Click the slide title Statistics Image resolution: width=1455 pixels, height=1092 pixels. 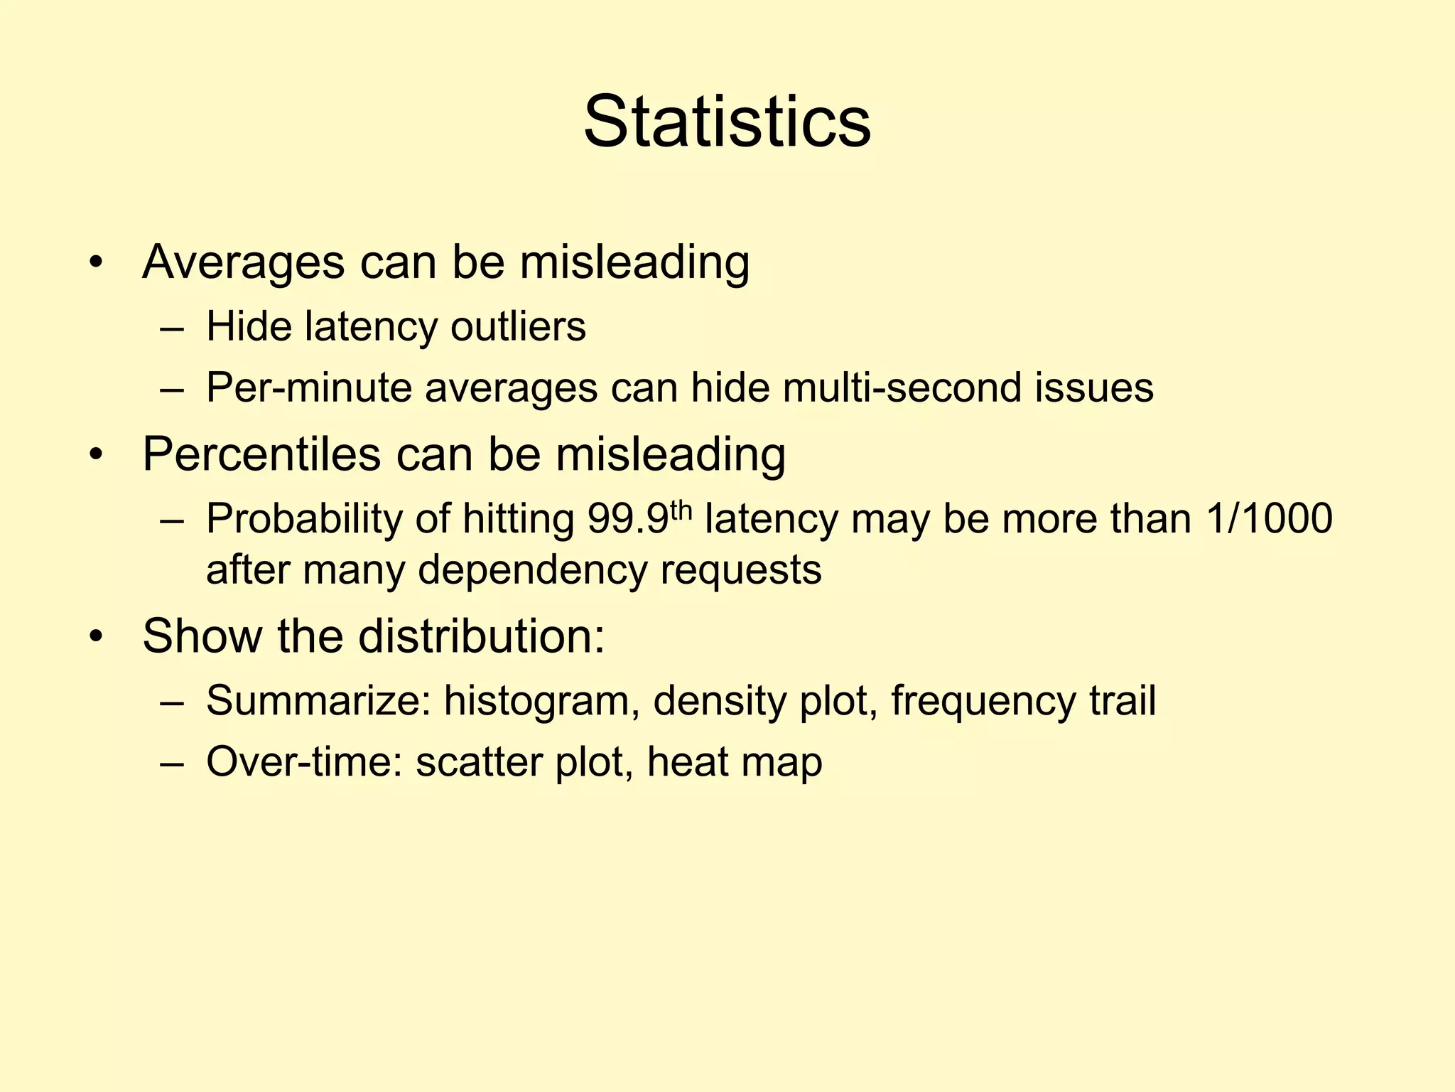[x=727, y=122]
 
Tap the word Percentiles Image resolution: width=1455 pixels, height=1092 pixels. [x=261, y=454]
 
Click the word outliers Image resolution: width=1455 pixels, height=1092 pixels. [x=518, y=327]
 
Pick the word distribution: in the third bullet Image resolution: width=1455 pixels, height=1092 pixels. [x=481, y=636]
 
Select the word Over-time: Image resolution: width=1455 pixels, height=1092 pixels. [x=304, y=762]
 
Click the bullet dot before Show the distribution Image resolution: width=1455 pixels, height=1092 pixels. [x=97, y=637]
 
